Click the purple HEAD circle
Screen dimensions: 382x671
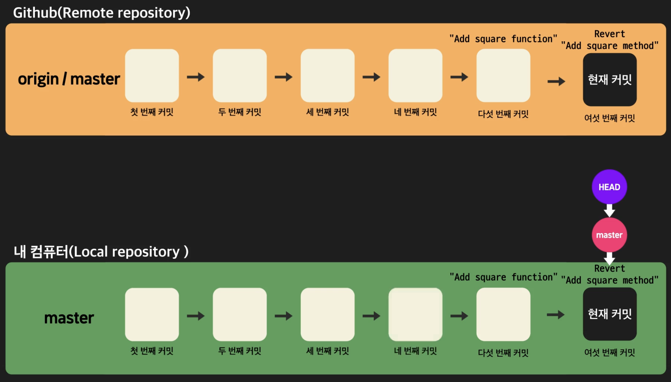point(609,187)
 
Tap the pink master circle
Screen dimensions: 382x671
point(609,235)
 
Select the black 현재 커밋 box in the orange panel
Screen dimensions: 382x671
point(609,80)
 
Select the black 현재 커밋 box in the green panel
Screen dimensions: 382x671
point(609,314)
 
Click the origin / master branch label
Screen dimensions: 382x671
point(69,79)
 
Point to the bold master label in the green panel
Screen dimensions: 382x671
point(69,318)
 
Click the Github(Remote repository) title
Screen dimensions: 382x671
point(102,13)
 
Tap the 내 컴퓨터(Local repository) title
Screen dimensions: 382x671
point(101,252)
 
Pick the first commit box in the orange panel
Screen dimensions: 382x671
point(152,75)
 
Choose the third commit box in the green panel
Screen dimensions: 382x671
point(327,315)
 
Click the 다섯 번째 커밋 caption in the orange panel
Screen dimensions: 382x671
point(503,114)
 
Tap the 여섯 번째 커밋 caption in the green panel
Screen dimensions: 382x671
point(609,352)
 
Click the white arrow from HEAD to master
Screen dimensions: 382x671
point(609,210)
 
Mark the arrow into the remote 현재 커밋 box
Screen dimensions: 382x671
point(556,81)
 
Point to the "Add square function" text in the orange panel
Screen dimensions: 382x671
point(503,39)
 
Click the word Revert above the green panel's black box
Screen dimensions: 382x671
point(609,268)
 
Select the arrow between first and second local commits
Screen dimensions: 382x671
point(196,316)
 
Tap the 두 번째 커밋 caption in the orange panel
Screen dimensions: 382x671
point(240,112)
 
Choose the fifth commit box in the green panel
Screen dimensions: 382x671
point(503,315)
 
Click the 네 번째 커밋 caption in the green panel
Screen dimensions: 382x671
point(415,351)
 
